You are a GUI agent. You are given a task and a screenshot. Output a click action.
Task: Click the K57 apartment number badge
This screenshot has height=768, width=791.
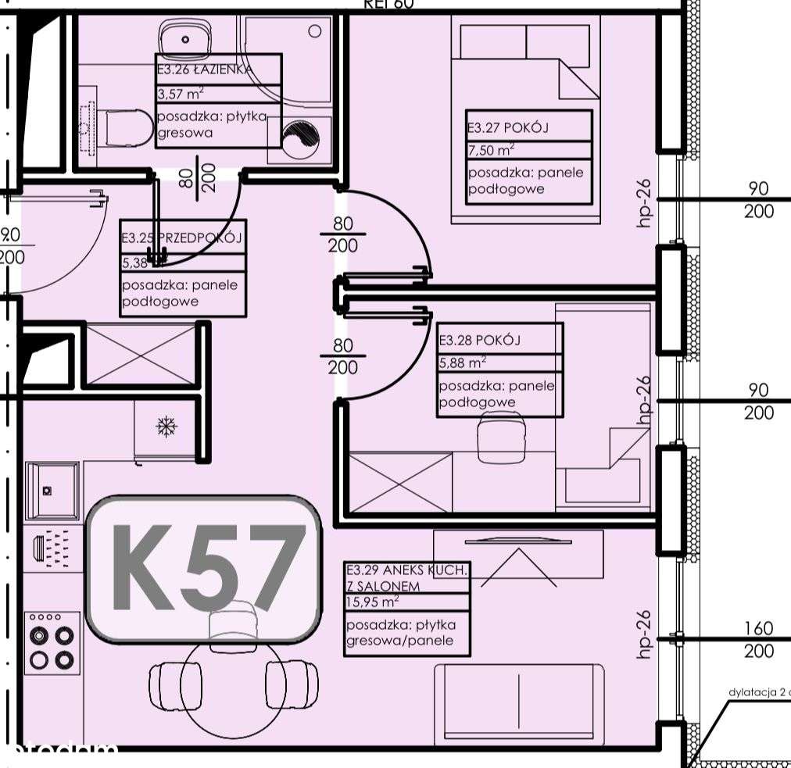click(203, 568)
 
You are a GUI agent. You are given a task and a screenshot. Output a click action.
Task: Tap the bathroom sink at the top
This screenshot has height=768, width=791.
click(186, 37)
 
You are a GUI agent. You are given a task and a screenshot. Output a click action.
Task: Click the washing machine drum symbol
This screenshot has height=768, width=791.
click(300, 139)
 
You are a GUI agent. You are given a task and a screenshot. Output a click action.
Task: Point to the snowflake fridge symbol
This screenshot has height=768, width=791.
click(166, 427)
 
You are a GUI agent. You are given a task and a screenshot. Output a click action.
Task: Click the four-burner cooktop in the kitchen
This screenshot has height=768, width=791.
click(52, 641)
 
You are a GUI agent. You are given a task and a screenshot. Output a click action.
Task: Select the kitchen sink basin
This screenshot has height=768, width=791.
click(52, 490)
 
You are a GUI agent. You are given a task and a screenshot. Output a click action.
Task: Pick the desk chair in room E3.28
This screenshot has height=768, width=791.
click(500, 438)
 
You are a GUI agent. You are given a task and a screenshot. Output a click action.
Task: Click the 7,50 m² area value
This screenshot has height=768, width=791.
click(491, 151)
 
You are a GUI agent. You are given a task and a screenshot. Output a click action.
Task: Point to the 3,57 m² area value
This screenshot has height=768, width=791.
click(181, 94)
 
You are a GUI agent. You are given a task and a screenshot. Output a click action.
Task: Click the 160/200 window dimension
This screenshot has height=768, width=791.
click(758, 639)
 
